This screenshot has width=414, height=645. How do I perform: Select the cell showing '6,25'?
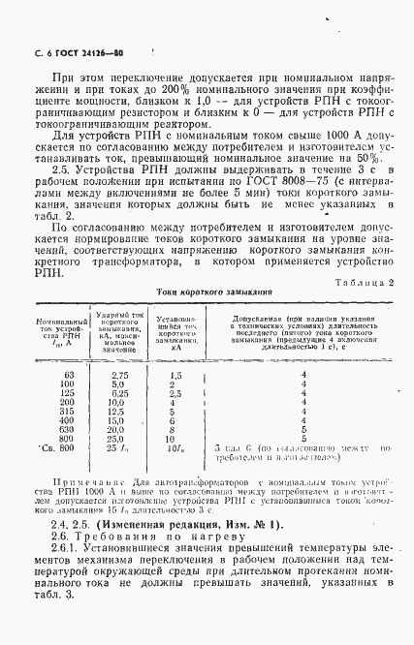120,394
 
